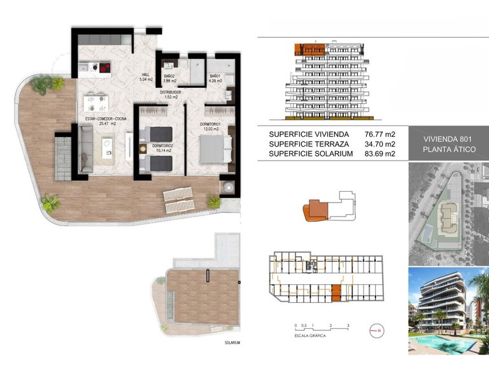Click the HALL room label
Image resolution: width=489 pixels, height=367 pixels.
pyautogui.click(x=146, y=75)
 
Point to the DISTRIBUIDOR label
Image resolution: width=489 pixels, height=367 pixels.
pyautogui.click(x=171, y=92)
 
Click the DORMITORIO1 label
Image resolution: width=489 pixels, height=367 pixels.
pyautogui.click(x=209, y=124)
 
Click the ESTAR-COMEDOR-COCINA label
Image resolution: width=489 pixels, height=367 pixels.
pyautogui.click(x=105, y=119)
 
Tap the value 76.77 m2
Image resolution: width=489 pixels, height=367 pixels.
pyautogui.click(x=380, y=134)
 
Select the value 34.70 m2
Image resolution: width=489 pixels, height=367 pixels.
pyautogui.click(x=380, y=144)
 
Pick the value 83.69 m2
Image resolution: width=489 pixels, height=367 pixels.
pyautogui.click(x=380, y=154)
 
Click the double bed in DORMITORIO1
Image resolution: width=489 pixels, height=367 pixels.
pyautogui.click(x=213, y=150)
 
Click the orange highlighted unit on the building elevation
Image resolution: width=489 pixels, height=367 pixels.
pyautogui.click(x=308, y=48)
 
